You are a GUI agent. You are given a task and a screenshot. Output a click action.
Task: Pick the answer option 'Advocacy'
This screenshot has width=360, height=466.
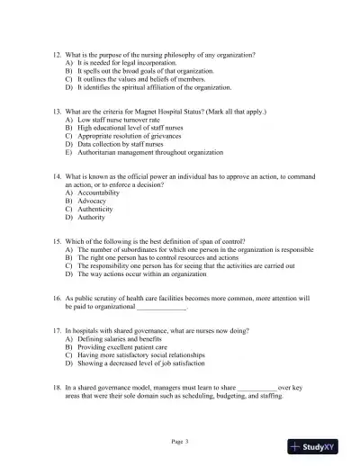pyautogui.click(x=95, y=201)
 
